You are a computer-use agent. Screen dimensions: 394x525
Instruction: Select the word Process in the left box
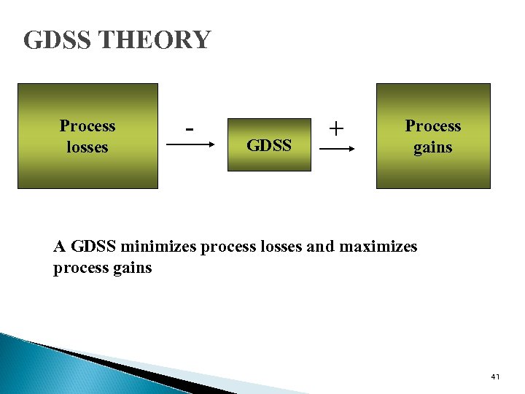(x=87, y=125)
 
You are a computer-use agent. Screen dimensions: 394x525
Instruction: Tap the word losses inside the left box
(x=87, y=147)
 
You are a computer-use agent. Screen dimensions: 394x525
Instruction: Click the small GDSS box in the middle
(x=269, y=144)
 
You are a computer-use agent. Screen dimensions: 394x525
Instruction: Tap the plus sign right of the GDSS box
(x=335, y=128)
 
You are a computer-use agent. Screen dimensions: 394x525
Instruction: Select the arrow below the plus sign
(x=336, y=148)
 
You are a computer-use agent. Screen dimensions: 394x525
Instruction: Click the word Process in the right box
(x=433, y=125)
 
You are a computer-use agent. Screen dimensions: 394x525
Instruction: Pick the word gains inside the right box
(x=433, y=147)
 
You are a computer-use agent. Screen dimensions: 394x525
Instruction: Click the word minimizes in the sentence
(x=160, y=247)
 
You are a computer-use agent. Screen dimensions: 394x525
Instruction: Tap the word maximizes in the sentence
(x=377, y=247)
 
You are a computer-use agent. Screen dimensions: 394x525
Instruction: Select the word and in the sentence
(x=319, y=247)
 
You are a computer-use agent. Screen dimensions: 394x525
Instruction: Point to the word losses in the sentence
(x=277, y=247)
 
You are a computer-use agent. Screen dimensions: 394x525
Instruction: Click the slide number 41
(x=495, y=376)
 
